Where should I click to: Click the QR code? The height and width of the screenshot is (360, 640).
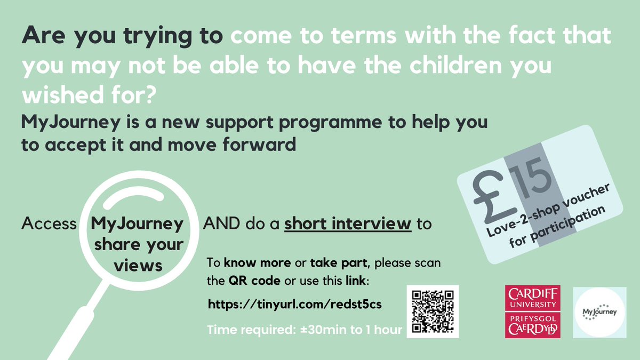[433, 311]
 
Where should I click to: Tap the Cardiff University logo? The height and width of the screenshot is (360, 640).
[532, 311]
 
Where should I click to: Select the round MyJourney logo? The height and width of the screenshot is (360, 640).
[599, 312]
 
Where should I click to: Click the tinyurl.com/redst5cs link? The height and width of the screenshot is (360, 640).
[295, 304]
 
